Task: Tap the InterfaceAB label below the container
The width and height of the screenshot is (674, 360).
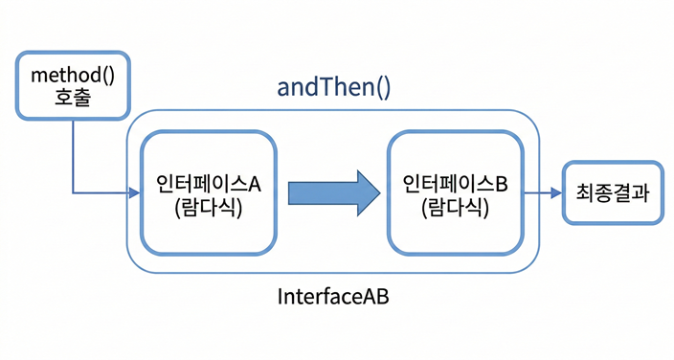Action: [333, 297]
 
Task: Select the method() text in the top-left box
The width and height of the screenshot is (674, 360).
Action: [73, 76]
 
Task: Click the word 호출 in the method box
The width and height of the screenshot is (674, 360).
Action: [73, 98]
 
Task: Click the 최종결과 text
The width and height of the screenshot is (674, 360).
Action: [613, 191]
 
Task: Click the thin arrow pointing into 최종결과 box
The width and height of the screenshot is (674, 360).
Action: [545, 192]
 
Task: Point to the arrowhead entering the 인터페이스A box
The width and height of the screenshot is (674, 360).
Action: [134, 192]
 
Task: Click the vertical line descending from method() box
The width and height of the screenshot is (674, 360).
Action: [74, 153]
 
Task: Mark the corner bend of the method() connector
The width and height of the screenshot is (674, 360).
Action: [74, 192]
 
